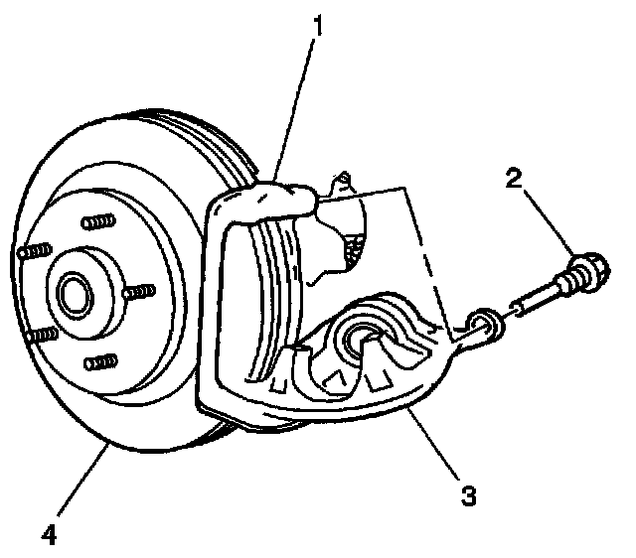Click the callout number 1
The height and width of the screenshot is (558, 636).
[x=317, y=22]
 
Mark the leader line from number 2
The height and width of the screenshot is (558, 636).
[x=546, y=221]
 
